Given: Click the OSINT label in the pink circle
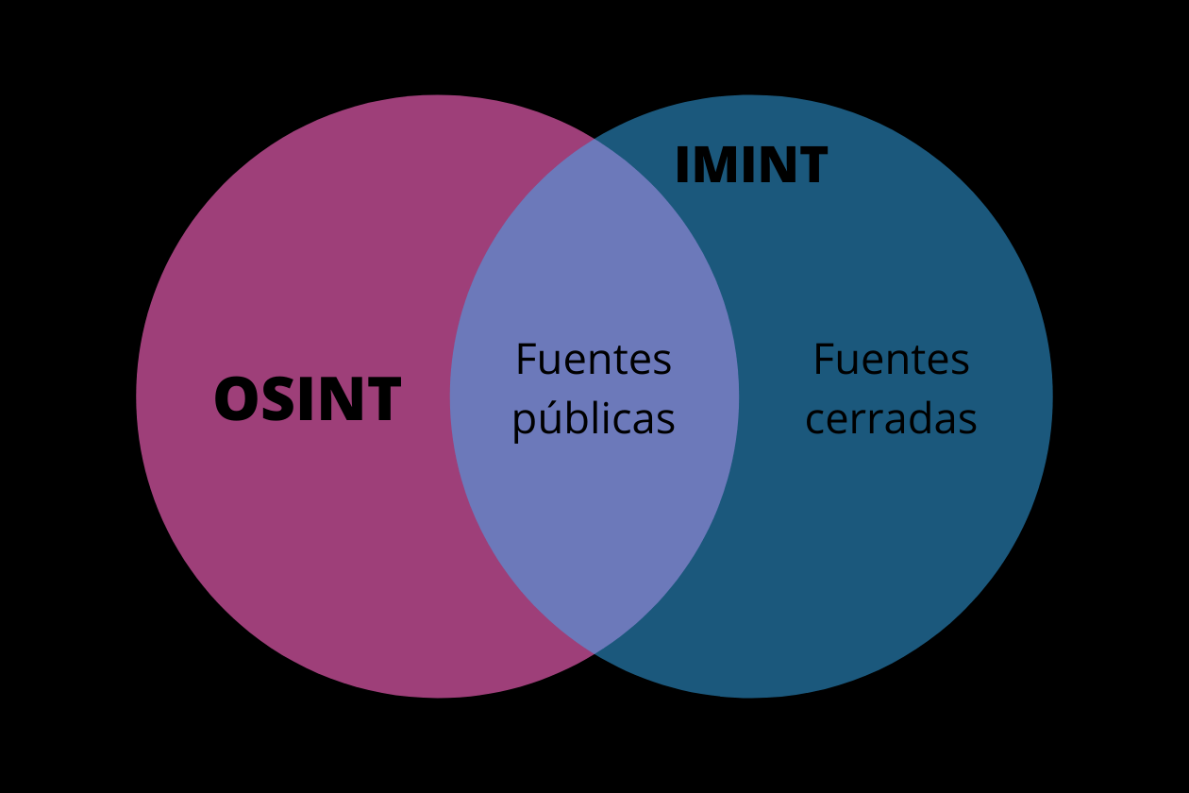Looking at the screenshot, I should pos(308,399).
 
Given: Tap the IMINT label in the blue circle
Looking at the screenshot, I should pos(750,166).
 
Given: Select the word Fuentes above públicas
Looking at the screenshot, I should pos(594,360).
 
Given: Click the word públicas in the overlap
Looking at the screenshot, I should pos(594,419).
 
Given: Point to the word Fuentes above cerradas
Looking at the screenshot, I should pos(891,360).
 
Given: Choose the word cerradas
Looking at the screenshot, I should pos(891,419).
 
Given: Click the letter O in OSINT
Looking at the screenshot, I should pos(236,399).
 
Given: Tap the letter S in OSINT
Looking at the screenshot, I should pos(277,399).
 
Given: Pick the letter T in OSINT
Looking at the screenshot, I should pos(383,399).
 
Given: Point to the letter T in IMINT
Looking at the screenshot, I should pos(812,166).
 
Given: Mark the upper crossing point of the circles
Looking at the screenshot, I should pos(594,139).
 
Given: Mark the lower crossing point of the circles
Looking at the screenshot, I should pos(594,653).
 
